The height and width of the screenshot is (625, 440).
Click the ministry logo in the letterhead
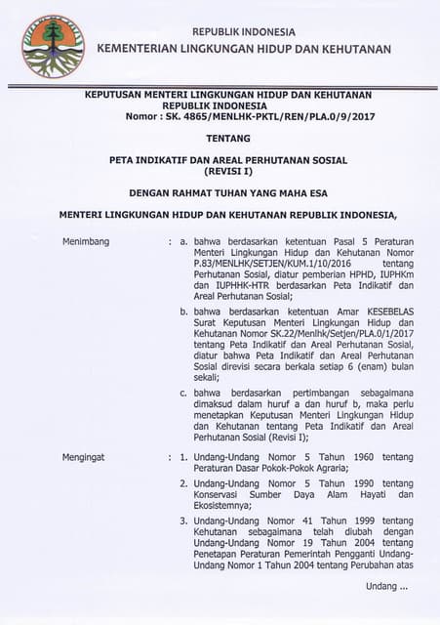tap(53, 46)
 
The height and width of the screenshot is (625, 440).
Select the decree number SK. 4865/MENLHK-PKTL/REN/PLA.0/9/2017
tap(247, 115)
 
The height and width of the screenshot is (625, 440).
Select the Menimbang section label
tap(87, 239)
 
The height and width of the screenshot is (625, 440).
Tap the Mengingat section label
tap(89, 456)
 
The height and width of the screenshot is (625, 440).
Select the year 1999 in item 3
tap(345, 521)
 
